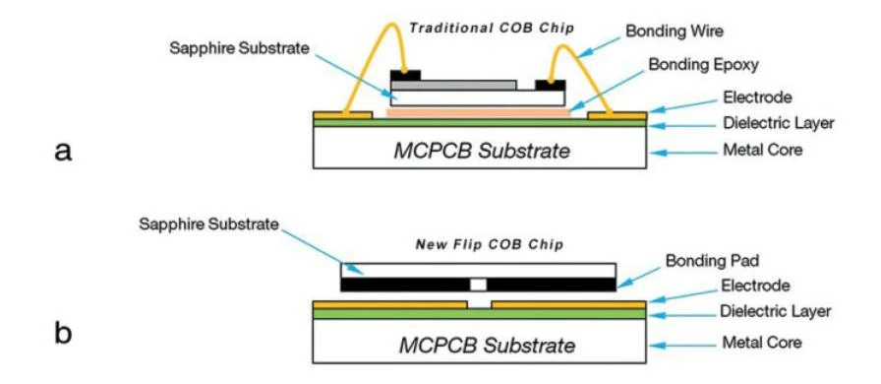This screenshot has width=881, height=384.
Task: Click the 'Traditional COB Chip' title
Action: point(492,28)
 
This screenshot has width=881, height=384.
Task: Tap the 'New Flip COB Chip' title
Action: point(489,245)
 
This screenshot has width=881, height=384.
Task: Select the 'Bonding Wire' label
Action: point(675,31)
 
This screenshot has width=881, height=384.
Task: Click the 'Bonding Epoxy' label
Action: point(703,65)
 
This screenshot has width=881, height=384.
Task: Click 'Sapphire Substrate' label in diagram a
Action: point(239,48)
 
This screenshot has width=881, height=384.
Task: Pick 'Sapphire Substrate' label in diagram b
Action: point(209,224)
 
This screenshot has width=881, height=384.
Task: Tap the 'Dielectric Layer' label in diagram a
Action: point(778,123)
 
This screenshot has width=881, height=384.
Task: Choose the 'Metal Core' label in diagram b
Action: point(762,343)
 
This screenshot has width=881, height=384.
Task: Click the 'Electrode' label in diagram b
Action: point(755,286)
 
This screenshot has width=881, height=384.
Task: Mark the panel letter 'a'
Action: point(63,152)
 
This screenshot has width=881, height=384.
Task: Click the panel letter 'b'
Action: point(63,334)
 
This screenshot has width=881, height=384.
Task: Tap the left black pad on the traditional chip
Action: point(405,75)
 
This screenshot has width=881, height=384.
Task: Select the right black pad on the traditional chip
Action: point(550,85)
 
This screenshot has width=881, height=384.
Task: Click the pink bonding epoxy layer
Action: point(479,113)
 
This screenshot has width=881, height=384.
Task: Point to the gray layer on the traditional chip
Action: point(454,85)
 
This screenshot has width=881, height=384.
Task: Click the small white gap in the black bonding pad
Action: point(478,285)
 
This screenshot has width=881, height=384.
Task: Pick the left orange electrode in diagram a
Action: point(343,115)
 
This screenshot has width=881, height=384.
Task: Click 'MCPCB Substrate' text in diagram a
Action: point(482,151)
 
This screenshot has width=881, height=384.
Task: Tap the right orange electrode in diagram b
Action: point(568,304)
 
